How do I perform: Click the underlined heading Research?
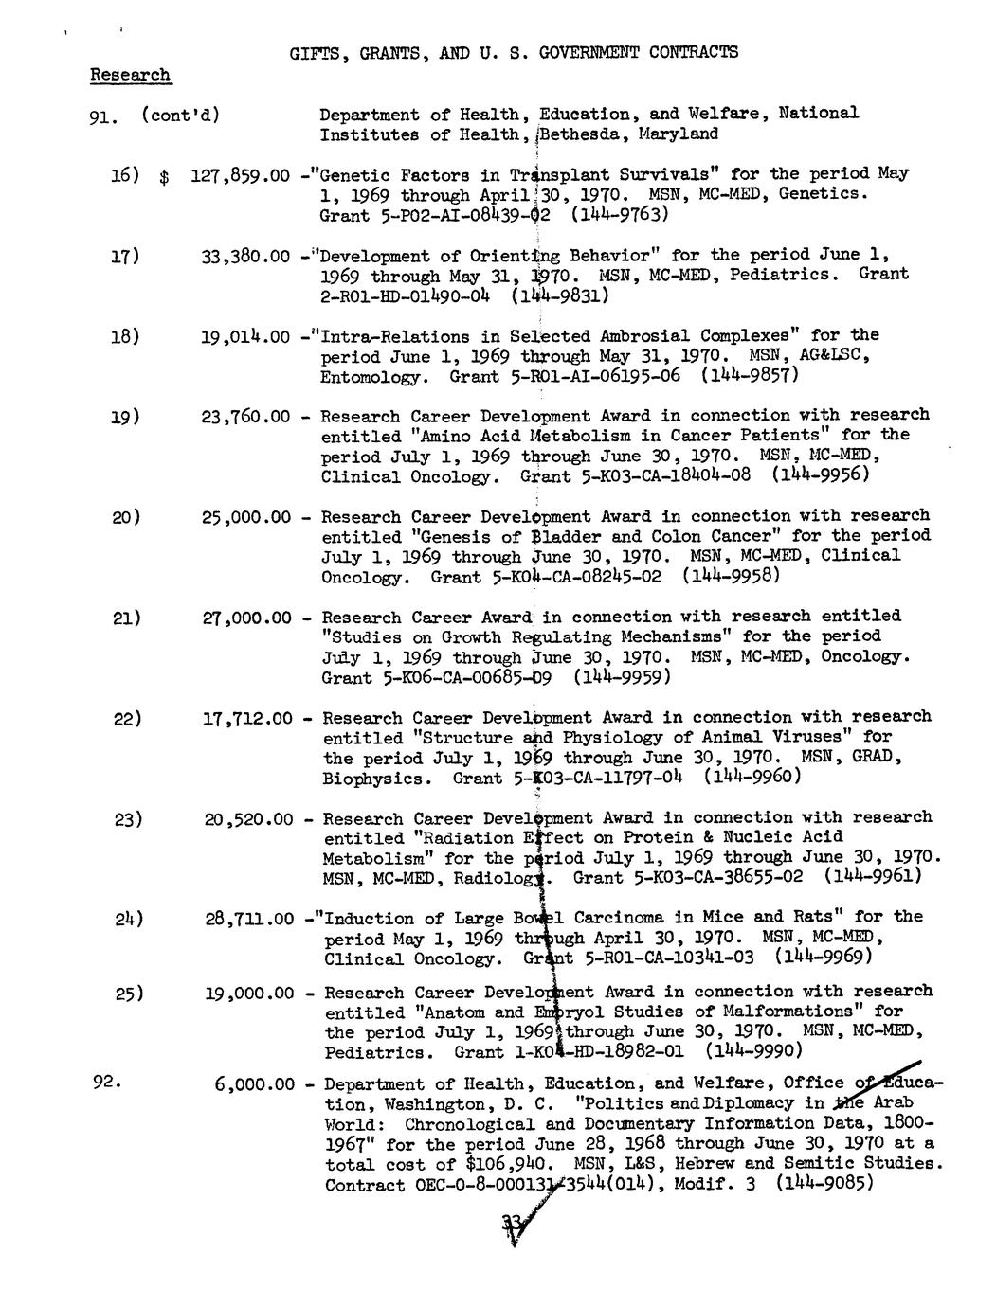[131, 74]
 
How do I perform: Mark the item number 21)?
[127, 618]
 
